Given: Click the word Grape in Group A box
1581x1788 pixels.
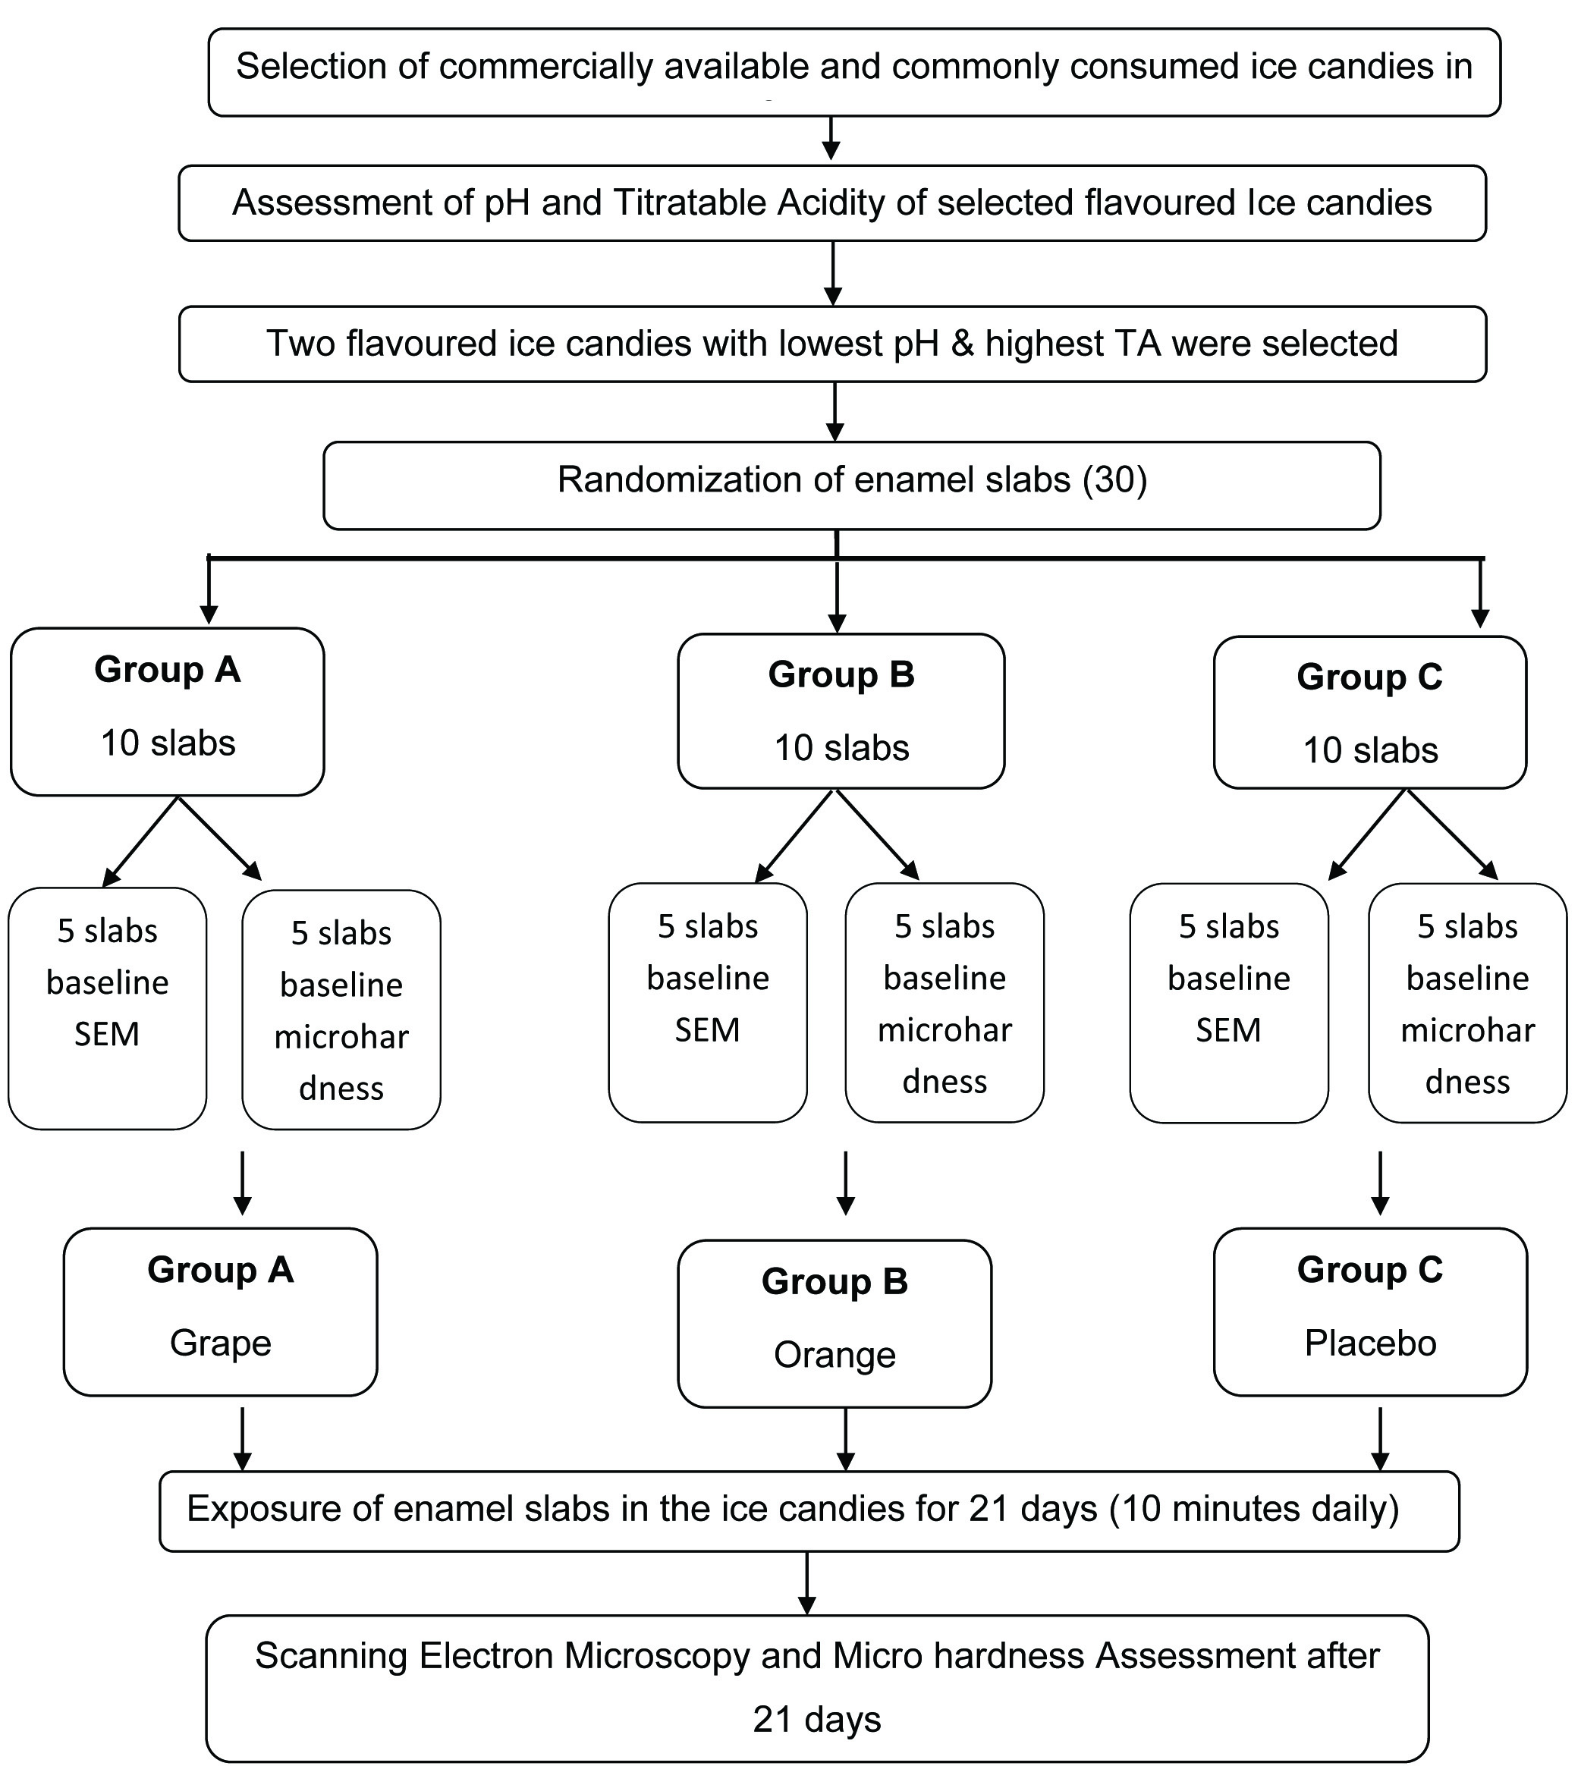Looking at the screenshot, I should coord(221,1343).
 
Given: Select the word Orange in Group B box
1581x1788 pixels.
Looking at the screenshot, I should coord(835,1355).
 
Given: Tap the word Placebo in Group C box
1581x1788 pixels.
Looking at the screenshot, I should coord(1370,1343).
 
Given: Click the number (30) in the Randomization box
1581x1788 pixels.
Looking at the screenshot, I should coord(1114,479).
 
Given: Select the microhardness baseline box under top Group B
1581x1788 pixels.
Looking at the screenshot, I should coord(944,1002).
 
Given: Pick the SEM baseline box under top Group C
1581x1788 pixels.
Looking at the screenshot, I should coord(1228,1002).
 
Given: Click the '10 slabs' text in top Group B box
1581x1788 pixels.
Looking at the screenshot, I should coord(841,748).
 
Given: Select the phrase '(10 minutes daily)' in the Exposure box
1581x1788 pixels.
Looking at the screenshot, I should coord(1254,1509).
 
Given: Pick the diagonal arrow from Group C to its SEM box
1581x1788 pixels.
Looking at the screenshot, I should coord(1366,835).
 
